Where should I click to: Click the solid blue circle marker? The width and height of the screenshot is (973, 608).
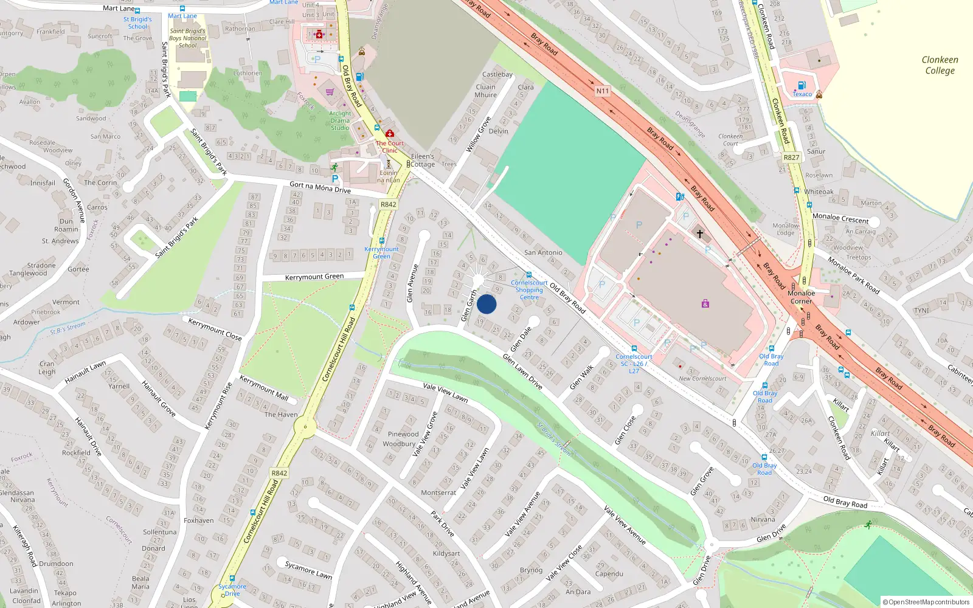pos(486,304)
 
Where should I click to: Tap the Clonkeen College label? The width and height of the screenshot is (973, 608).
pos(940,65)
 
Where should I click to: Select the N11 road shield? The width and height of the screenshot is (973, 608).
pos(602,91)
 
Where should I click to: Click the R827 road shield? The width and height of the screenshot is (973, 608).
pos(791,157)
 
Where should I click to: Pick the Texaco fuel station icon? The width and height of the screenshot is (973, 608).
pos(802,86)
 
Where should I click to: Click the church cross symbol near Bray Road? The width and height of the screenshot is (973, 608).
pos(700,233)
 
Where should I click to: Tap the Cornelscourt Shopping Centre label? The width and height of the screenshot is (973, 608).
pos(529,290)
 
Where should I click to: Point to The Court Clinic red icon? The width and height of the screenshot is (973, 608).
pos(390,133)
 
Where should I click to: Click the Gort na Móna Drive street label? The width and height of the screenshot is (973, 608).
pos(320,187)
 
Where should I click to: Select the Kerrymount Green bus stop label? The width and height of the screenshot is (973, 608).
pos(381,252)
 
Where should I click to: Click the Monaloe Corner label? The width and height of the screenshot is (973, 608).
pos(801,297)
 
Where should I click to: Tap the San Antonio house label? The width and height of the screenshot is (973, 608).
pos(543,252)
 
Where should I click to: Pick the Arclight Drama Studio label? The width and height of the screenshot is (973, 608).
pos(340,120)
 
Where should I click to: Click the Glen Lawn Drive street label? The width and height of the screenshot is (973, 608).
pos(522,371)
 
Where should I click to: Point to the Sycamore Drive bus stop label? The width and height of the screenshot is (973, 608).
pos(232,590)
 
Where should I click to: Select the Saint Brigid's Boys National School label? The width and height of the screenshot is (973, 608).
pos(187,38)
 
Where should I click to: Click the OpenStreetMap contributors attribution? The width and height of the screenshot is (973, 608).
pos(926,602)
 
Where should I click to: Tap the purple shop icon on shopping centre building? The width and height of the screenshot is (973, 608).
pos(705,303)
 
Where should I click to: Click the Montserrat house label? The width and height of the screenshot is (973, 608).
pos(438,492)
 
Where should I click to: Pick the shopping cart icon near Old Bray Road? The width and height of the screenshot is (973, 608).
pos(330,92)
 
